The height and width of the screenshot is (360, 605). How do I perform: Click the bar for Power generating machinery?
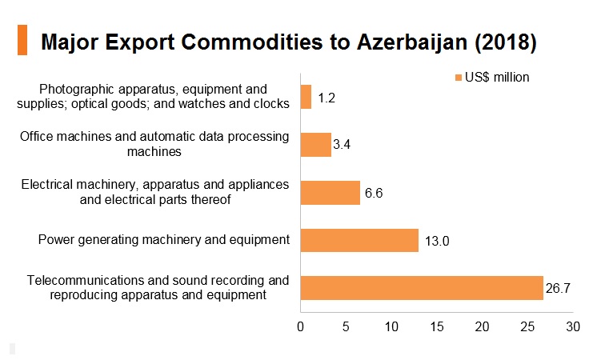click(359, 240)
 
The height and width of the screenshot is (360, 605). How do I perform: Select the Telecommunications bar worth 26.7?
click(422, 288)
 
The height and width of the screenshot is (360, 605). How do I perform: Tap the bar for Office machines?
click(316, 145)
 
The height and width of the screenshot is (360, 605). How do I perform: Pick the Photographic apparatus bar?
click(306, 97)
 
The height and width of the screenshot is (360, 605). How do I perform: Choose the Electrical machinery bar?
click(331, 193)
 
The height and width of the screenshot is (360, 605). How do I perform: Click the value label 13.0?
click(437, 241)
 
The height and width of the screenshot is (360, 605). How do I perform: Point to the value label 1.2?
click(327, 98)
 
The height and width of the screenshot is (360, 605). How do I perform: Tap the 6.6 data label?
click(374, 193)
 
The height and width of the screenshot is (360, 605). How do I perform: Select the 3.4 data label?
click(342, 144)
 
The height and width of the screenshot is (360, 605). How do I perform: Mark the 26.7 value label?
click(558, 288)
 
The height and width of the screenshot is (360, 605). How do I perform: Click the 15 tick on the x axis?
click(437, 327)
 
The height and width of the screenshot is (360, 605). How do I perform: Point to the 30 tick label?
click(573, 327)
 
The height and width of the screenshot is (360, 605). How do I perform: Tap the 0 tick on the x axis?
click(301, 327)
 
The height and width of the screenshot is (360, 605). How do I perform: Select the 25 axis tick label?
click(527, 327)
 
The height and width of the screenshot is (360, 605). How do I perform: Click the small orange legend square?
click(459, 78)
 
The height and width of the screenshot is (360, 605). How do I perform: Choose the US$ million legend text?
click(497, 77)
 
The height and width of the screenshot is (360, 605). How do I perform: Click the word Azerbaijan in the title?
click(411, 42)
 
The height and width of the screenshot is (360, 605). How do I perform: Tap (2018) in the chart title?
click(506, 42)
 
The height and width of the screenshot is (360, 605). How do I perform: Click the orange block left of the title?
click(22, 40)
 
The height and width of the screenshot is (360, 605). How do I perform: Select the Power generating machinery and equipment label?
click(163, 240)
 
